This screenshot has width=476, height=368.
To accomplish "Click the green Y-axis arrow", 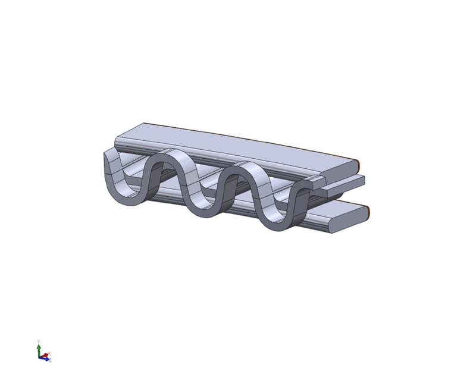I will click(x=39, y=347).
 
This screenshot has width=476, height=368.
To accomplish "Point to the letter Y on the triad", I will click(x=39, y=341).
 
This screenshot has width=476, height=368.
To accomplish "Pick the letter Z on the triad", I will click(x=51, y=360).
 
